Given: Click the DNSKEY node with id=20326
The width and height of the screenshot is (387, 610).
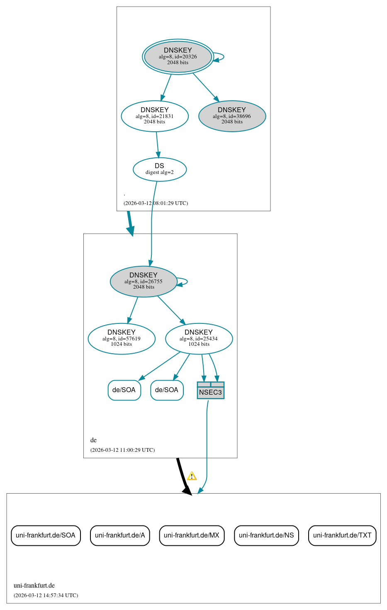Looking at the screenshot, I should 178,57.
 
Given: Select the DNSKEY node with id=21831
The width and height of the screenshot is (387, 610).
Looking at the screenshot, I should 154,116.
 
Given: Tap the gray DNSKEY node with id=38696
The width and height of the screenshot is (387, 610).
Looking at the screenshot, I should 232,116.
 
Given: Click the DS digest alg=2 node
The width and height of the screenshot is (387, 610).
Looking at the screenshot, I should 159,169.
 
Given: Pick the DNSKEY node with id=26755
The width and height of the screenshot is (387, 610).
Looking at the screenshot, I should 143,281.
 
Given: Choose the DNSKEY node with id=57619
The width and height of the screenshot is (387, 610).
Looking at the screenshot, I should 121,338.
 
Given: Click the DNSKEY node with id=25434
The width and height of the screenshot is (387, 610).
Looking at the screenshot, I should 199,338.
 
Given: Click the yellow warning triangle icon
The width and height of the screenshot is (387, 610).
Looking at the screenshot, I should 192,476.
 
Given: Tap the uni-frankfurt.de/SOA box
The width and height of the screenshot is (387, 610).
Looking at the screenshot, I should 46,535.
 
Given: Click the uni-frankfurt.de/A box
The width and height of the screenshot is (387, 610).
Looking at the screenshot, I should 120,535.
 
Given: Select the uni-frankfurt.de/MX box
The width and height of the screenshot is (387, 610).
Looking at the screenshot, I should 192,535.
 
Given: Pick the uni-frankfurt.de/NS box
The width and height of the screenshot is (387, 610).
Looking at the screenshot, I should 266,535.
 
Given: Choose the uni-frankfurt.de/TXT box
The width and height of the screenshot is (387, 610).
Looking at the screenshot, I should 342,535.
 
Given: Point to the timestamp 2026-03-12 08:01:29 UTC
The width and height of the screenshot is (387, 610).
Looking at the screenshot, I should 156,203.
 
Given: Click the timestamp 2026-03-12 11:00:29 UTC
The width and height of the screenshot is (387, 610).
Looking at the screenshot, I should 122,450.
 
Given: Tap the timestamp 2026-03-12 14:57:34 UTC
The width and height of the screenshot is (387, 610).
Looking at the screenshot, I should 46,596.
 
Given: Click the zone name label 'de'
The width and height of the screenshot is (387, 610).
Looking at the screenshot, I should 94,440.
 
